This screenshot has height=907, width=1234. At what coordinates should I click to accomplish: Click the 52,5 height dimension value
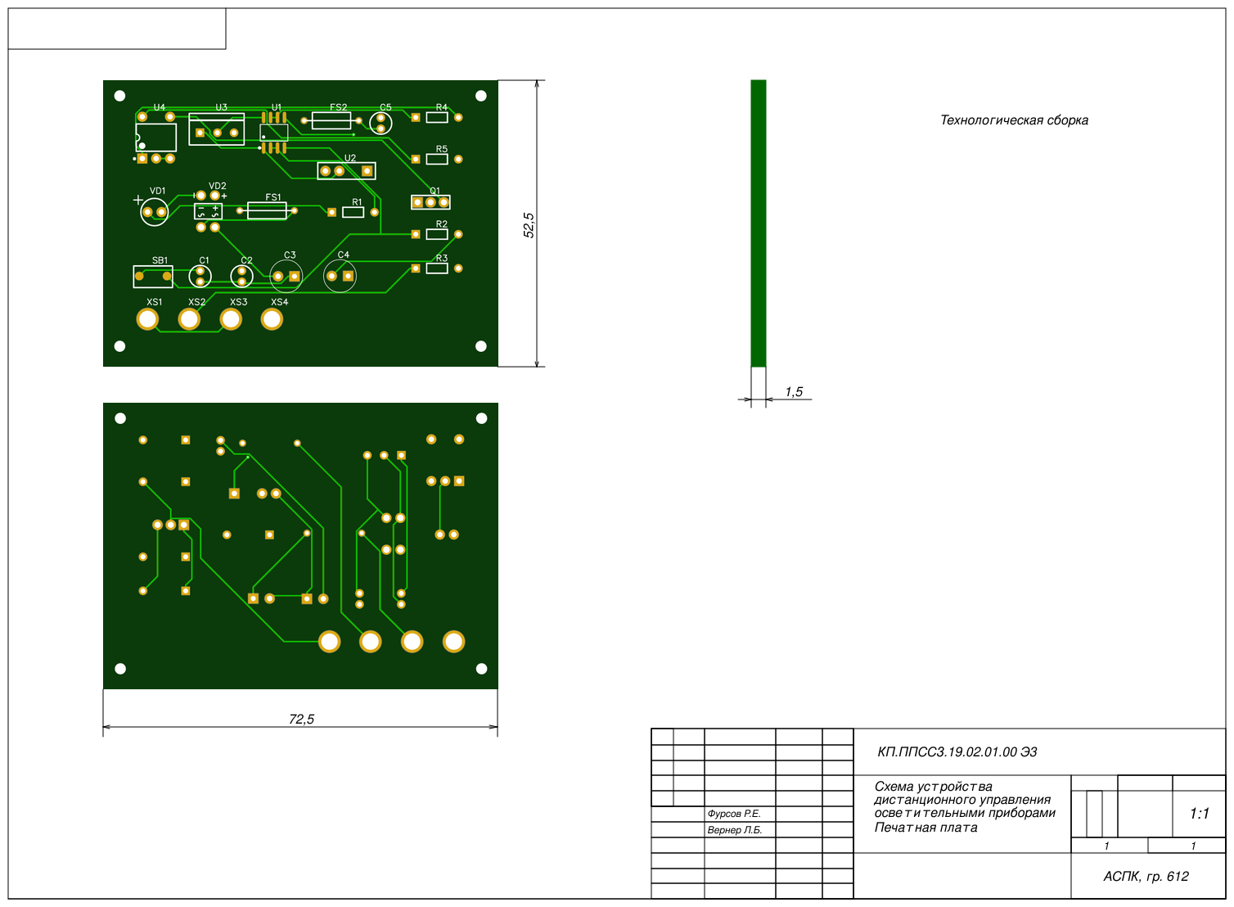tap(529, 225)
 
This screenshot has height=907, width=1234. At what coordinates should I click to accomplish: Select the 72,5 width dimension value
tap(301, 719)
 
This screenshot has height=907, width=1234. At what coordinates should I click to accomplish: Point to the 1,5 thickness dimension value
tap(794, 392)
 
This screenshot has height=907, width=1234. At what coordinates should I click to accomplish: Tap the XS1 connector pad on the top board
tap(147, 319)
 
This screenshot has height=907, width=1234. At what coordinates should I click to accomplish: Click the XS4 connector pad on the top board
tap(272, 319)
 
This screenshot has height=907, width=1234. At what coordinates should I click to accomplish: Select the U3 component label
tap(221, 107)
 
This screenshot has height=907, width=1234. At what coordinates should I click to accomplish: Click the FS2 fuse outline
tap(331, 120)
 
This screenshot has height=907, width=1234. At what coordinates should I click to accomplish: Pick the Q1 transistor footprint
tap(430, 202)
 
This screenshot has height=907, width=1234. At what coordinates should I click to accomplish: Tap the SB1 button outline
tap(152, 277)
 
